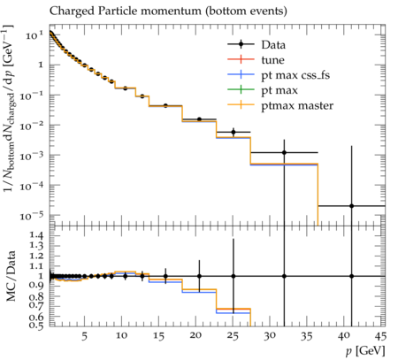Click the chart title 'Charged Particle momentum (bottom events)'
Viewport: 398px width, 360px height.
click(x=168, y=11)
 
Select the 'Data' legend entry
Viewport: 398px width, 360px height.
click(x=256, y=44)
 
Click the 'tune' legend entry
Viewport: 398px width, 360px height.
click(x=256, y=60)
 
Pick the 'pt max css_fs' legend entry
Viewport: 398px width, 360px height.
click(x=279, y=75)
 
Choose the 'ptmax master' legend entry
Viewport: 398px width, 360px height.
click(x=280, y=105)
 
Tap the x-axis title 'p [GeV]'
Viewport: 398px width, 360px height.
click(x=365, y=351)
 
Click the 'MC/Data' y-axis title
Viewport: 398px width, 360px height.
click(x=11, y=276)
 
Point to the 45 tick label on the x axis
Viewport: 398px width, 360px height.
click(x=380, y=336)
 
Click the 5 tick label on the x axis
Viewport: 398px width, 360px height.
click(x=85, y=336)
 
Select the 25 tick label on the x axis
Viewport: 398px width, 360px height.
click(x=233, y=336)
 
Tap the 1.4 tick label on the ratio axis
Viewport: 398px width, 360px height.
click(x=36, y=235)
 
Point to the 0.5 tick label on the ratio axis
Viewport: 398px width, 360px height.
click(x=36, y=325)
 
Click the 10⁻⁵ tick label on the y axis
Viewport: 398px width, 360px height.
click(x=32, y=216)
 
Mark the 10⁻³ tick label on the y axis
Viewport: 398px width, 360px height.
click(x=32, y=156)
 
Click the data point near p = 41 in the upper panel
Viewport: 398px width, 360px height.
click(x=351, y=206)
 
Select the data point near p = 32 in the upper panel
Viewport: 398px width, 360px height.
click(x=284, y=152)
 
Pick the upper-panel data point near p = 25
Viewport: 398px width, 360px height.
click(x=233, y=132)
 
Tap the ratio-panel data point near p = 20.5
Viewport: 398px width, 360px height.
click(x=199, y=276)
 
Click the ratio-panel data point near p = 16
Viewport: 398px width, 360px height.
click(x=165, y=276)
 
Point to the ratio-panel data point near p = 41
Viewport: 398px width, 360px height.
click(x=351, y=276)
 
